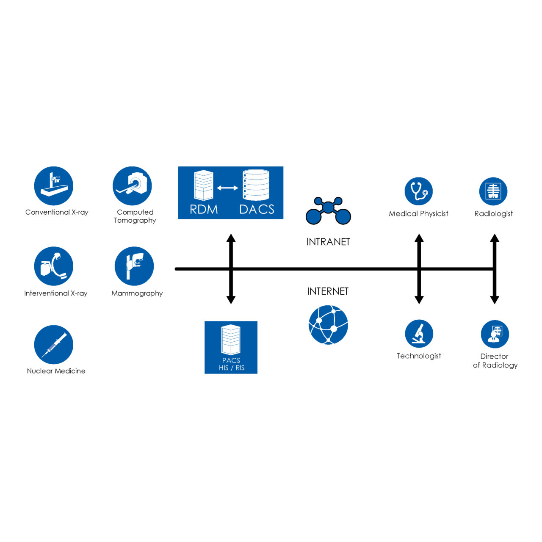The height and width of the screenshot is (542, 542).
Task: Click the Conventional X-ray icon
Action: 54,186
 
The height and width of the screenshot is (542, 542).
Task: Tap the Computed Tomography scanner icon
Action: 133,186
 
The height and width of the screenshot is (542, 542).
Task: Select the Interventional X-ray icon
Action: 54,266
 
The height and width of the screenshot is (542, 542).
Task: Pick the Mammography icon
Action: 134,266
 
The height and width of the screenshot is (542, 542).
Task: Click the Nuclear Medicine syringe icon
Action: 54,345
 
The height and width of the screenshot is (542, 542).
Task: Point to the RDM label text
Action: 204,209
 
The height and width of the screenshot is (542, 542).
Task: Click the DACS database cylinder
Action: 256,185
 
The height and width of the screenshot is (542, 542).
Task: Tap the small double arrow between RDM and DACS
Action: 227,188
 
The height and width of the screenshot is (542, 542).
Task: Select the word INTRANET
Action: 328,242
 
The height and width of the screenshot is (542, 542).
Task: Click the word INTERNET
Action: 328,291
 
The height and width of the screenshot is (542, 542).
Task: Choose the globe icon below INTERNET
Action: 329,325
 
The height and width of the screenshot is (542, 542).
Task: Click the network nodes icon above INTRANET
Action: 328,210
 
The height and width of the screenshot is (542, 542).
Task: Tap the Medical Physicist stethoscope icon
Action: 418,191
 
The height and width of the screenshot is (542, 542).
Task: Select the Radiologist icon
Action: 493,191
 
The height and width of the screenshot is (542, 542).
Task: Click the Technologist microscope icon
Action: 419,334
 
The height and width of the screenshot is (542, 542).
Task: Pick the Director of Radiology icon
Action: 495,334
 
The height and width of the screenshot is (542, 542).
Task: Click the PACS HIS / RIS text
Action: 231,364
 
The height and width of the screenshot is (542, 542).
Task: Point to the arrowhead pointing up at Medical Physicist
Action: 419,238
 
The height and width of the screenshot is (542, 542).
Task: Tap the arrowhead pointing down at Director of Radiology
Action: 494,299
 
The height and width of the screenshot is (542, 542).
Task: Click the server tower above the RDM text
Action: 203,185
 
